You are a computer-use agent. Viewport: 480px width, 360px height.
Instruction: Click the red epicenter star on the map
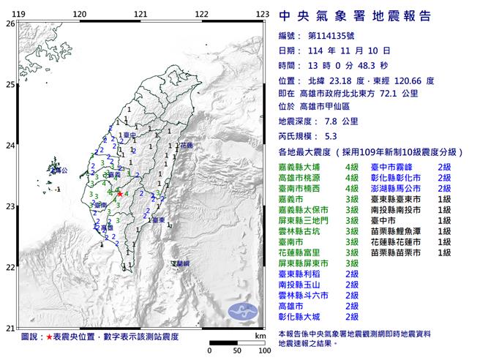(x=120, y=194)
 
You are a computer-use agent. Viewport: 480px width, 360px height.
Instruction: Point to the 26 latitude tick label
(x=10, y=23)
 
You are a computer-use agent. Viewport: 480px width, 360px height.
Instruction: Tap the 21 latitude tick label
(x=10, y=328)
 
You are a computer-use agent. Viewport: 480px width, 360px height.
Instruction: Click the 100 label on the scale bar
(x=257, y=350)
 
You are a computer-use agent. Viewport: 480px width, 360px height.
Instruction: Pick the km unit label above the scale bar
(x=260, y=335)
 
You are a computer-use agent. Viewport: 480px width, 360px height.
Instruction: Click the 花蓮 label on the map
(x=186, y=147)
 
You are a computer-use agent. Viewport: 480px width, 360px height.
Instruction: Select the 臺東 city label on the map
(x=156, y=220)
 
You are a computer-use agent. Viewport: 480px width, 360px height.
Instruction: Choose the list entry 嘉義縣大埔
(x=302, y=168)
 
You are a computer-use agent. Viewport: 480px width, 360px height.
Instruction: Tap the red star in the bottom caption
(x=50, y=337)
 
